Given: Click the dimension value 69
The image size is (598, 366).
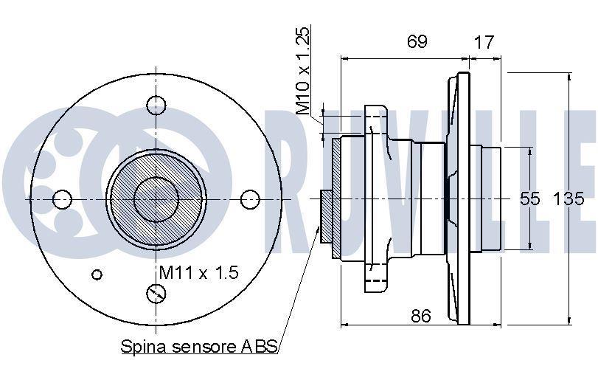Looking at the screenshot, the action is pos(417,41).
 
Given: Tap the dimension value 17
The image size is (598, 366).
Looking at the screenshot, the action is pos(484,42).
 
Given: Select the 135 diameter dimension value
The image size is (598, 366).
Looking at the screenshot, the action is pos(569,198).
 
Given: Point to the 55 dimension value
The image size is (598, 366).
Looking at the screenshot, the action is pos(530,198).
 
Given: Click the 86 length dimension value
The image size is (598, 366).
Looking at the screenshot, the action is pos(420,316).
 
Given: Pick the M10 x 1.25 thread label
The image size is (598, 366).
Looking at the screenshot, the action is pos(303,71).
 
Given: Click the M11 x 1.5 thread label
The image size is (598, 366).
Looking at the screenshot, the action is pos(198,272).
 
